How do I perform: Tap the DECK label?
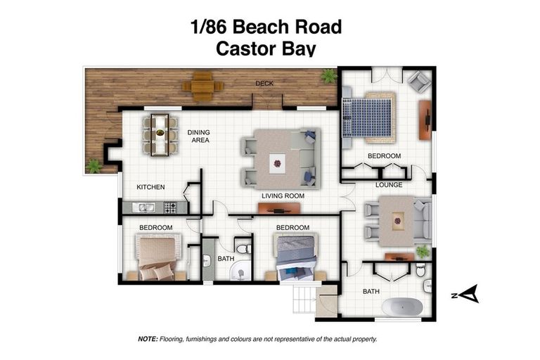point(264,84)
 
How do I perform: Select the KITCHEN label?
point(150,187)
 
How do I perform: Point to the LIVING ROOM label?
point(283,196)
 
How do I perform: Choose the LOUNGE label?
point(388,186)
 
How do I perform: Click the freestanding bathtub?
point(401,307)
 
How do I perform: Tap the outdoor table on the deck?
point(202,86)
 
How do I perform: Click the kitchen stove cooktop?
point(170,207)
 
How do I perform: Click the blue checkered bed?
point(367,115)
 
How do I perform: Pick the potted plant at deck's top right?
point(328,76)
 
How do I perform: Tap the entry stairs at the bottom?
point(304,301)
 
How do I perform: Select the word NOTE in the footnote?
point(148,339)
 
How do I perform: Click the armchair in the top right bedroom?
point(420,82)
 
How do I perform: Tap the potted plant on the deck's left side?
point(94,166)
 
